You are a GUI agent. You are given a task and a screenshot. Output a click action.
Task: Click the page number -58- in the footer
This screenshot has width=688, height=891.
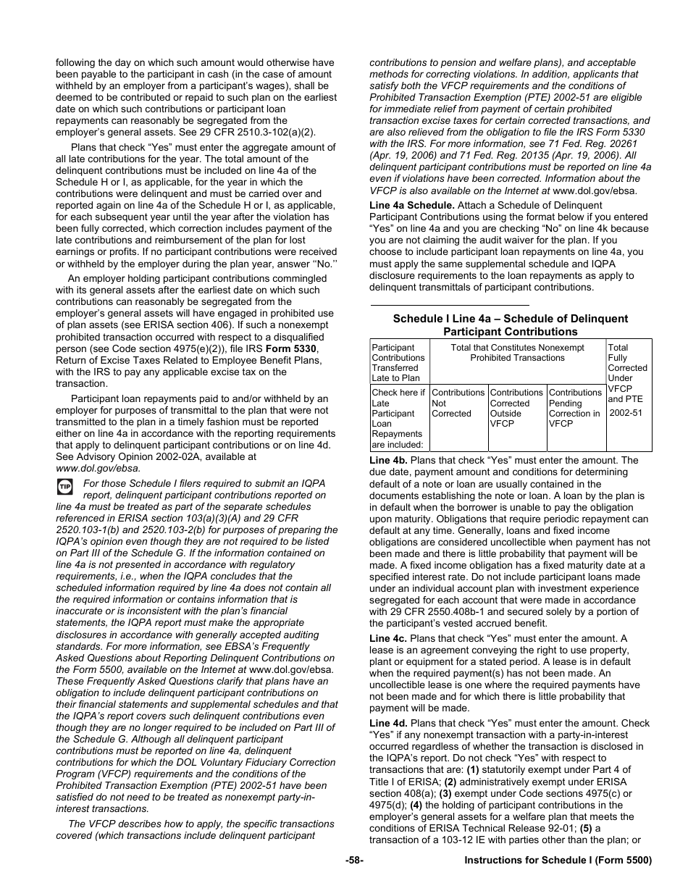pos(354,861)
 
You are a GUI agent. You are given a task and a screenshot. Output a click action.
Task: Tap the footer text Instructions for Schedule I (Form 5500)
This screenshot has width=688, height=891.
pos(558,861)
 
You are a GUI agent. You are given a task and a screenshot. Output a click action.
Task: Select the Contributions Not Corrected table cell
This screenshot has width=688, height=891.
pos(458,403)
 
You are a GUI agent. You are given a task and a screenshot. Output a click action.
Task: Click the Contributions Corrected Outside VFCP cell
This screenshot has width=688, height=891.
pos(516,408)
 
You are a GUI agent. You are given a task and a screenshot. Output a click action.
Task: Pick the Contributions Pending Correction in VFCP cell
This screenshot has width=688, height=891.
pos(575,408)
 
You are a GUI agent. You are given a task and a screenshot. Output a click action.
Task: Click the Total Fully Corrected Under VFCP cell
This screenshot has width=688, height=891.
pos(627,378)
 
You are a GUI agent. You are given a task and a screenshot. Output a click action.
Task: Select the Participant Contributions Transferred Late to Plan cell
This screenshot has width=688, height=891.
pos(398,362)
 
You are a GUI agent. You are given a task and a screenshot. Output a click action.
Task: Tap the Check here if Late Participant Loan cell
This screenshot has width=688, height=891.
pos(398,418)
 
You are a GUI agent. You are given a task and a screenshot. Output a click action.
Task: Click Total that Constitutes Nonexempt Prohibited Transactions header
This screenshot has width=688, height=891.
pos(517,353)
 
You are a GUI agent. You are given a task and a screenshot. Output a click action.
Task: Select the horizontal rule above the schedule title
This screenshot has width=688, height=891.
pos(450,305)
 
